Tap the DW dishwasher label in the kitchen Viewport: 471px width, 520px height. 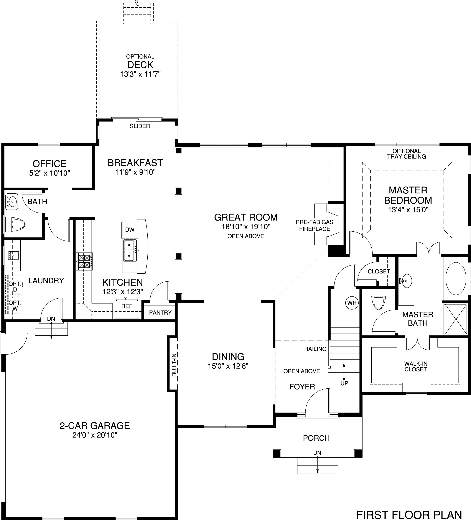coord(130,230)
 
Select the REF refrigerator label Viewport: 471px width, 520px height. coord(127,306)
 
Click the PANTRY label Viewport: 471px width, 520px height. coord(160,313)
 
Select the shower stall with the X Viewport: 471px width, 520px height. coord(456,319)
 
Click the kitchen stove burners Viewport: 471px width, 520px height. coord(84,262)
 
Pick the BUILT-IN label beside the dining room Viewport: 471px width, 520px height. coord(174,365)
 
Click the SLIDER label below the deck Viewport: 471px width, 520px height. coord(140,126)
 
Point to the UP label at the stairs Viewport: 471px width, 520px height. coord(344,383)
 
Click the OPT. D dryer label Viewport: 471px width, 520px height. coord(15,287)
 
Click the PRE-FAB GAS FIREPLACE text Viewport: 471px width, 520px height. coord(315,226)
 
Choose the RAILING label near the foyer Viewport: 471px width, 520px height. coord(315,349)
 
